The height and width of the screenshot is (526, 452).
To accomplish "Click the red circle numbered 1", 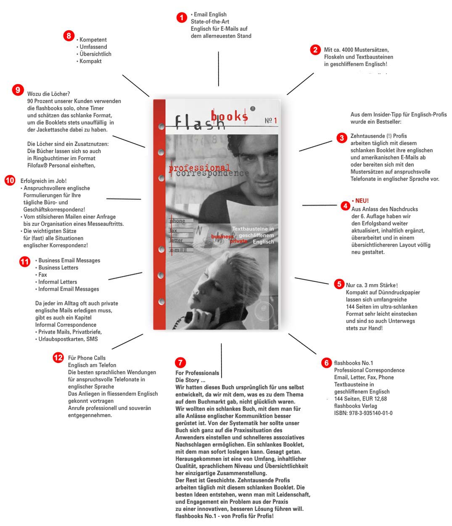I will [182, 18].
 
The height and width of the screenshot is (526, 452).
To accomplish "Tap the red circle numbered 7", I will [180, 362].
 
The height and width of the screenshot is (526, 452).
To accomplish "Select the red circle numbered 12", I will [58, 358].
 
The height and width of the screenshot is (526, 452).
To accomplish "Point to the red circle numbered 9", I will [18, 90].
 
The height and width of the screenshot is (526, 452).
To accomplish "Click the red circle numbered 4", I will [345, 206].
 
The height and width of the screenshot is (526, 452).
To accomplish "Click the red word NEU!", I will [362, 201].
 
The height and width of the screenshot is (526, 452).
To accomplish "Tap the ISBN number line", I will [363, 413].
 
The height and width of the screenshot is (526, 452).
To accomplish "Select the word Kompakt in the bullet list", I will [90, 61].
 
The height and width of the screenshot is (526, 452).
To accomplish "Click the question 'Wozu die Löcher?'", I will [48, 94].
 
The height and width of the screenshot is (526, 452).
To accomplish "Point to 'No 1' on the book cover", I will [270, 121].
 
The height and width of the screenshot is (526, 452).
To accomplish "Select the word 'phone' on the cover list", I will [177, 221].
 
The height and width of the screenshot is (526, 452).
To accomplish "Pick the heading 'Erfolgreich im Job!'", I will [43, 181].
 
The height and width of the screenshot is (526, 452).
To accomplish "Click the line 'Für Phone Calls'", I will [87, 358].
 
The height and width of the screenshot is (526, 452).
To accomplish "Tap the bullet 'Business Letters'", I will [58, 268].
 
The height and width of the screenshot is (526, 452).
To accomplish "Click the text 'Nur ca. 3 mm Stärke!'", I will [372, 285].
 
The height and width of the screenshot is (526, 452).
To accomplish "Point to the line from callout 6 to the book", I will [302, 344].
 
